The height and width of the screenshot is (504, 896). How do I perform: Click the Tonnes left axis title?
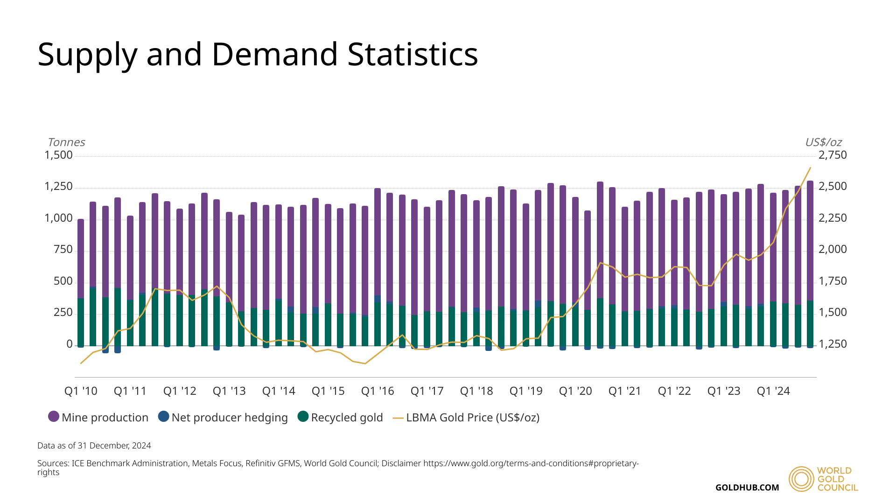(x=66, y=142)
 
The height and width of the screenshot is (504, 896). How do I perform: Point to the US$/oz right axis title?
(x=823, y=142)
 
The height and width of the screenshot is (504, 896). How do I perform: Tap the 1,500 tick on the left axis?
(x=59, y=155)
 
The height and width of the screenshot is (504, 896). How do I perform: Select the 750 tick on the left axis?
(x=63, y=250)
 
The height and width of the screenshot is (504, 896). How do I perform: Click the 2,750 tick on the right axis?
(x=833, y=155)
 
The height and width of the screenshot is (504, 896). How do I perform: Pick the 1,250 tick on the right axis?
(x=833, y=344)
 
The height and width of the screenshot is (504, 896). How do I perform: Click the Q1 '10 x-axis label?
(x=81, y=391)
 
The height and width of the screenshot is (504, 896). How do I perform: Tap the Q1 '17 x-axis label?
(x=427, y=391)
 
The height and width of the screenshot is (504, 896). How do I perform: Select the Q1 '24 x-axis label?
(x=773, y=391)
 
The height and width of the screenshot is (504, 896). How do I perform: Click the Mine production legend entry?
(x=98, y=417)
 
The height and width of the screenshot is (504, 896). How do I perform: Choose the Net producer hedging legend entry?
(x=223, y=417)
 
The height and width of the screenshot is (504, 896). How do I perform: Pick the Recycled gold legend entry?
(x=340, y=417)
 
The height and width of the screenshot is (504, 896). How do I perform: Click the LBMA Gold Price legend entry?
(x=466, y=417)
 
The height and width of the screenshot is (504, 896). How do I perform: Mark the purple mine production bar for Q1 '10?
(x=81, y=259)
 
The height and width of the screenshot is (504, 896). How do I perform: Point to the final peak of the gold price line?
(x=810, y=168)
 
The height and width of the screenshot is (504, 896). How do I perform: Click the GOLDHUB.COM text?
(x=747, y=488)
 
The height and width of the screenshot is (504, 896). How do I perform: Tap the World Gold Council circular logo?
(x=801, y=479)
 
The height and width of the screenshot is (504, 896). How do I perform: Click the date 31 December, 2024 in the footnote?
(x=114, y=446)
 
